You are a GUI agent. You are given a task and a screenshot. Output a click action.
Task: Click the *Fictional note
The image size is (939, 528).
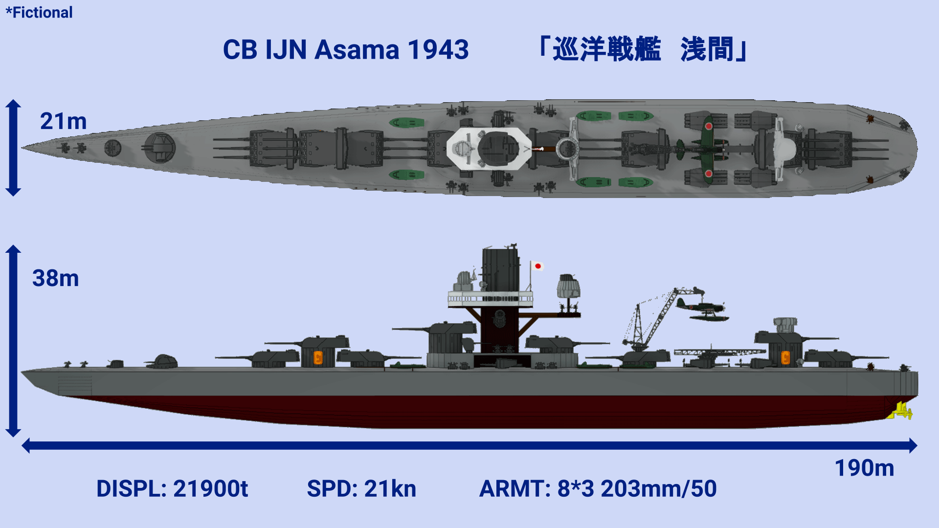coord(39,12)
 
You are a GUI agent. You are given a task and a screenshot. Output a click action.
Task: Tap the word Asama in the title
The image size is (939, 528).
coord(357,50)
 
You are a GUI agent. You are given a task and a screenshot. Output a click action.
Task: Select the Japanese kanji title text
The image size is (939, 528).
coord(643,49)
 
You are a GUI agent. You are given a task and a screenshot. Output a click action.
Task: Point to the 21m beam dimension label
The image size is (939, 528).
coord(63,121)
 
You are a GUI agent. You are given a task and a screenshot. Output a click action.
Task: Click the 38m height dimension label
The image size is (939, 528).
coord(55,278)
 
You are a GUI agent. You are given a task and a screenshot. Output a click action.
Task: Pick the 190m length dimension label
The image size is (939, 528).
coord(864,468)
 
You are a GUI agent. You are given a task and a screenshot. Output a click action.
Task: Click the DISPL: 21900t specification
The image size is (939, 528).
coord(172,488)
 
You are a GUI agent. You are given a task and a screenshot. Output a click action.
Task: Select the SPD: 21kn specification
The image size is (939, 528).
coord(361,488)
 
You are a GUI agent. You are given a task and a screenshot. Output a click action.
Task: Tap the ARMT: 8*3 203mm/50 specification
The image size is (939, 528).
coord(598,488)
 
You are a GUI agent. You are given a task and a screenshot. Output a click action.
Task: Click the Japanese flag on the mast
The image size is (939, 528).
coord(537,266)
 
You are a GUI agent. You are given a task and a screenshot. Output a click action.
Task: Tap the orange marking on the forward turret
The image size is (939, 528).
coord(318,358)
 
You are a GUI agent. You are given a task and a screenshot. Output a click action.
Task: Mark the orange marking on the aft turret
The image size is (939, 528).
coord(785,358)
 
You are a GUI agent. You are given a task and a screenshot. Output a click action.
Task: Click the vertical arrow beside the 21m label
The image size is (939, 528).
coord(13,148)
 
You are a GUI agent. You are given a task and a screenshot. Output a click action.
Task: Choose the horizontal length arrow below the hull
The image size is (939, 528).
coord(469,445)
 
